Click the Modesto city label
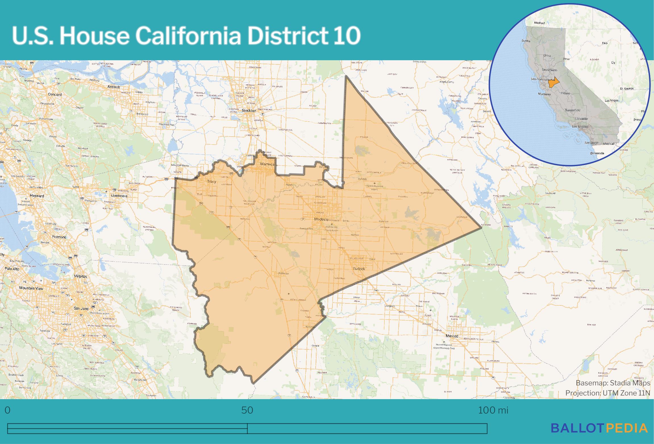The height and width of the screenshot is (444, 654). (321, 219)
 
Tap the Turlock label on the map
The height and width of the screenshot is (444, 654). (359, 269)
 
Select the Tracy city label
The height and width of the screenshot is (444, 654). (212, 181)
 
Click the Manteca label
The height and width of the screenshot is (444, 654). (267, 164)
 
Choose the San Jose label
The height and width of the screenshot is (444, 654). (81, 308)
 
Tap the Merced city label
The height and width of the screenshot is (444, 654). (452, 336)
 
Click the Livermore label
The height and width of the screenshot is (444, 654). (119, 196)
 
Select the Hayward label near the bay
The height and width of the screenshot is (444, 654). (37, 196)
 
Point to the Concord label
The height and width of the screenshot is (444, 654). (55, 94)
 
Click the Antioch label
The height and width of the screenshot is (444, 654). (114, 87)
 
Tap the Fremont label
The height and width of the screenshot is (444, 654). (59, 237)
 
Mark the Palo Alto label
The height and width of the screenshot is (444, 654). (12, 268)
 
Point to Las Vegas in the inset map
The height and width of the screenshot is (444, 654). (611, 101)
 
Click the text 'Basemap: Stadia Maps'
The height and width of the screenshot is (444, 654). (613, 383)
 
